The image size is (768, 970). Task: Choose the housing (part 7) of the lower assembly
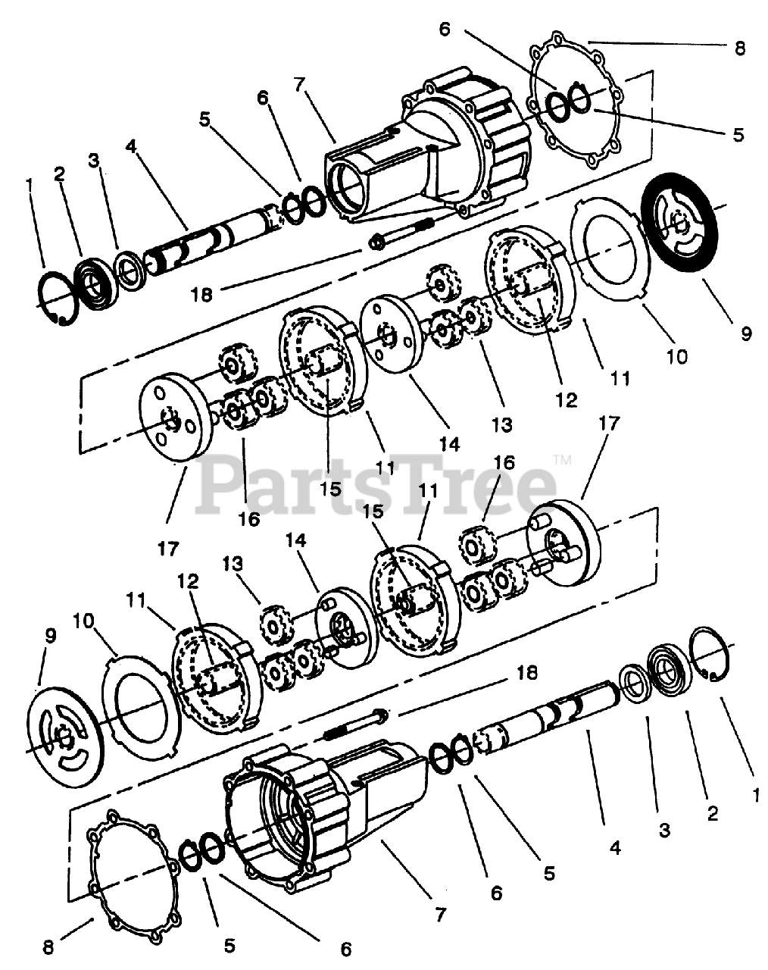point(318,807)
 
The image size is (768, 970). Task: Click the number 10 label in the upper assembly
point(677,355)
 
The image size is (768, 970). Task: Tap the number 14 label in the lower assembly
point(296,541)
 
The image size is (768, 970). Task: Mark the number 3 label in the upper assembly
point(93,160)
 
